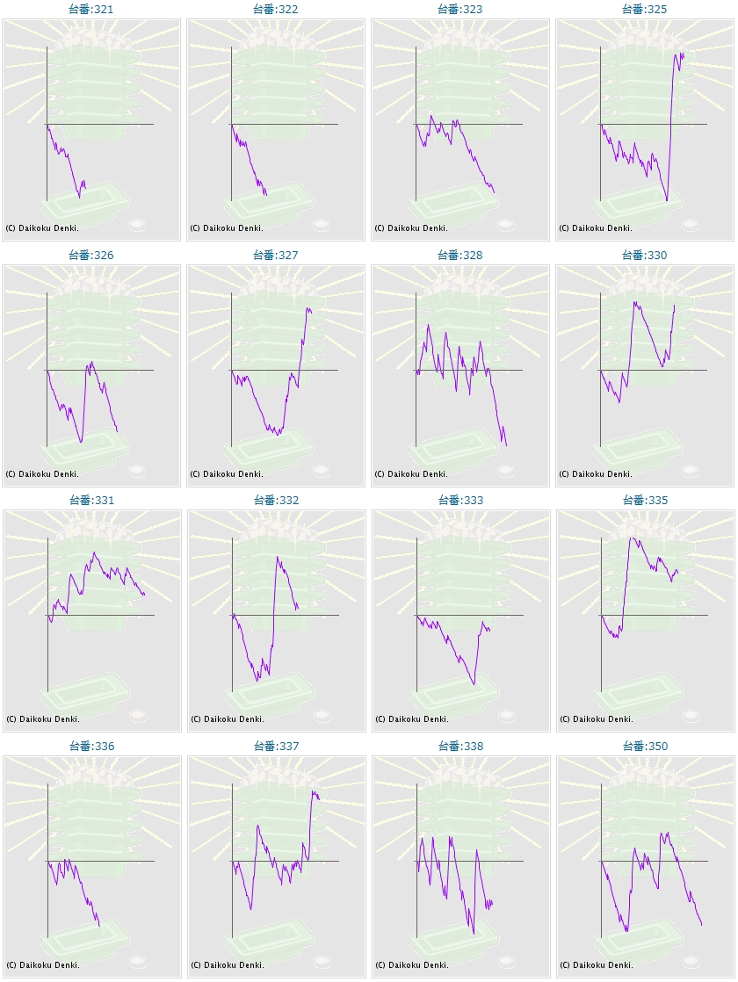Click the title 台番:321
pyautogui.click(x=91, y=9)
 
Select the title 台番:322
pyautogui.click(x=276, y=9)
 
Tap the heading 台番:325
pyautogui.click(x=645, y=9)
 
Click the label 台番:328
pyautogui.click(x=460, y=255)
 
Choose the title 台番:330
pyautogui.click(x=645, y=255)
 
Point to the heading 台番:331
pyautogui.click(x=91, y=500)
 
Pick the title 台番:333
pyautogui.click(x=460, y=500)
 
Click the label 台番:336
pyautogui.click(x=91, y=746)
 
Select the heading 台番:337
pyautogui.click(x=276, y=746)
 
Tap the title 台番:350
pyautogui.click(x=645, y=746)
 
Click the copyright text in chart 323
pyautogui.click(x=411, y=227)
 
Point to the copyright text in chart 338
pyautogui.click(x=411, y=964)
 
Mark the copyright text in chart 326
pyautogui.click(x=42, y=473)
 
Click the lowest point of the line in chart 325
pyautogui.click(x=667, y=201)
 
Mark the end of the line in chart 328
pyautogui.click(x=507, y=446)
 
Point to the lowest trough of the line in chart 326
pyautogui.click(x=80, y=442)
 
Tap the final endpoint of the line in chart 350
pyautogui.click(x=701, y=925)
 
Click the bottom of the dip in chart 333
pyautogui.click(x=474, y=684)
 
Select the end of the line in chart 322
pyautogui.click(x=266, y=195)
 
